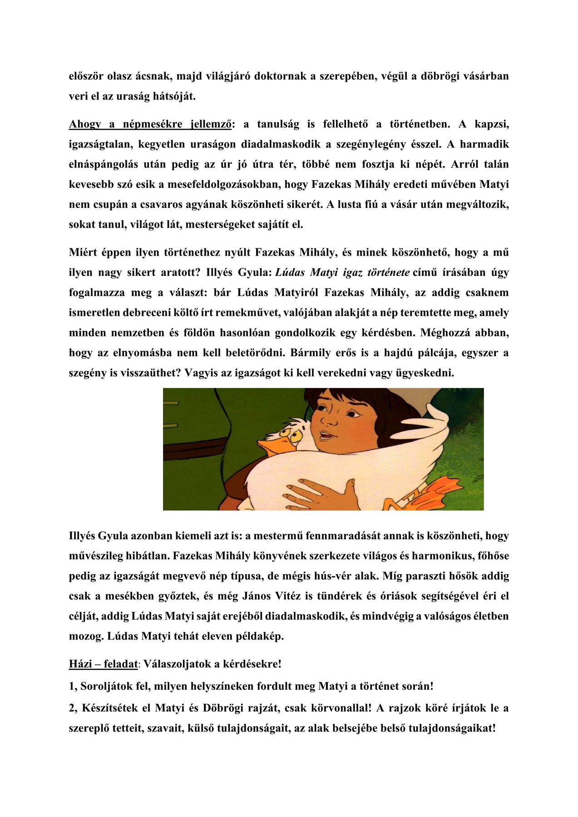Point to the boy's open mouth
click(326, 437)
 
